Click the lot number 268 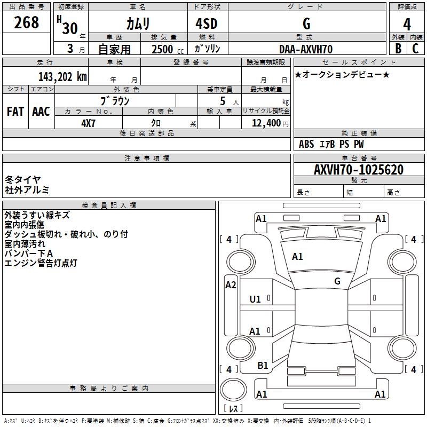tap(27, 22)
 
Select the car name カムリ tap(137, 23)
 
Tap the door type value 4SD tap(207, 23)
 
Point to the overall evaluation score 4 tap(407, 23)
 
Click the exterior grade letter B tap(398, 48)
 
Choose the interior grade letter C tap(415, 48)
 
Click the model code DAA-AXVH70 tap(306, 49)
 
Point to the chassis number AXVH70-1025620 tap(358, 170)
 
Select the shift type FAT tap(15, 112)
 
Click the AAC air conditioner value tap(41, 112)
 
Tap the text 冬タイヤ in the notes tap(22, 180)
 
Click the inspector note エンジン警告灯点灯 tap(41, 263)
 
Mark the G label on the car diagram tap(337, 281)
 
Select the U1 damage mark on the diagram tap(255, 299)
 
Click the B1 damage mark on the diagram tap(263, 366)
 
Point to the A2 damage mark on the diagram tap(230, 285)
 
